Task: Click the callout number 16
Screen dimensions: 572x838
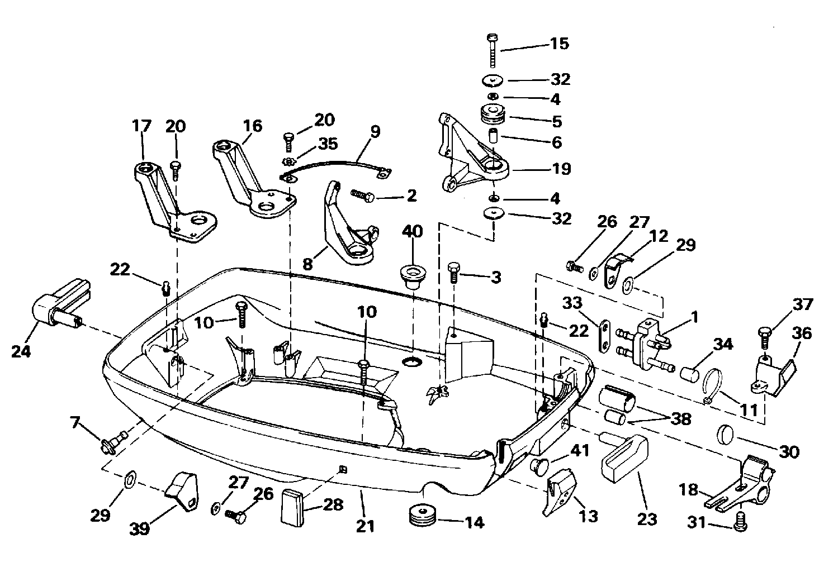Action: tap(253, 126)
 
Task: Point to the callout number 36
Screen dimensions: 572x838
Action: tap(802, 333)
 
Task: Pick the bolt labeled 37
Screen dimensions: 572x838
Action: tap(765, 337)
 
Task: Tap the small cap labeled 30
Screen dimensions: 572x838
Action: tap(726, 433)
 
